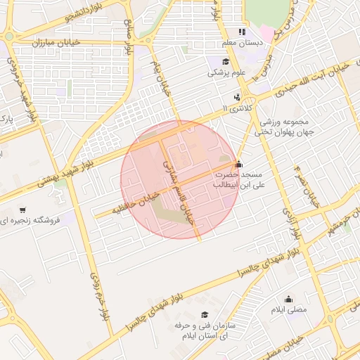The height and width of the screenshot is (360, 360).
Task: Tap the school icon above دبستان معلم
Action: (242, 32)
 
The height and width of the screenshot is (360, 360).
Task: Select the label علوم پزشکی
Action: (225, 72)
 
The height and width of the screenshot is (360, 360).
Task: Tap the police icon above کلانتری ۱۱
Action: (238, 97)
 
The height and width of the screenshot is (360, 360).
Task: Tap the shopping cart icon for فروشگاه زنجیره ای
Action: (22, 210)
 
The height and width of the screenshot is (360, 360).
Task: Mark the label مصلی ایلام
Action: (289, 309)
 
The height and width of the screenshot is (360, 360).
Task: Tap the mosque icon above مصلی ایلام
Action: (288, 298)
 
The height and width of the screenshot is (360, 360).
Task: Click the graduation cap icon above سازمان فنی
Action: (205, 315)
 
